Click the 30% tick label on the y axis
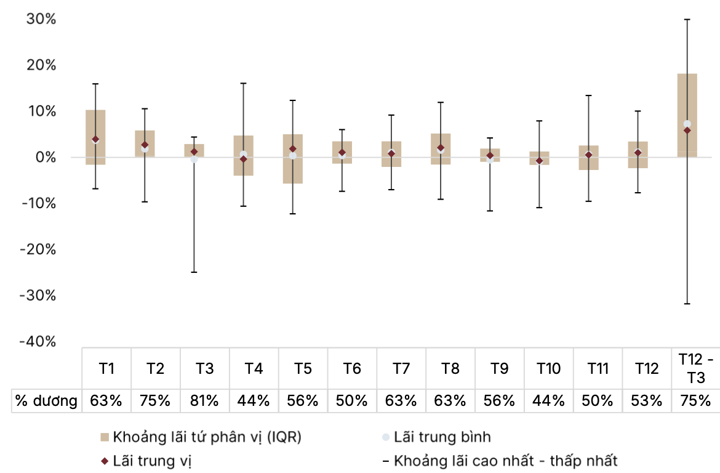(x=41, y=19)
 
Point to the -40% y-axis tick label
(x=38, y=342)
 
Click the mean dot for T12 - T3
(x=687, y=124)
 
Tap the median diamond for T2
(x=145, y=145)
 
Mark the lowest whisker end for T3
(x=194, y=272)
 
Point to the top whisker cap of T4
(x=243, y=83)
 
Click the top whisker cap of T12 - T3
(x=687, y=20)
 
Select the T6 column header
(x=351, y=369)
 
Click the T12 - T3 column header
(x=696, y=368)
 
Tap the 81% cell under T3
(x=204, y=401)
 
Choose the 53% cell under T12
(x=647, y=401)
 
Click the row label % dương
(x=47, y=401)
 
